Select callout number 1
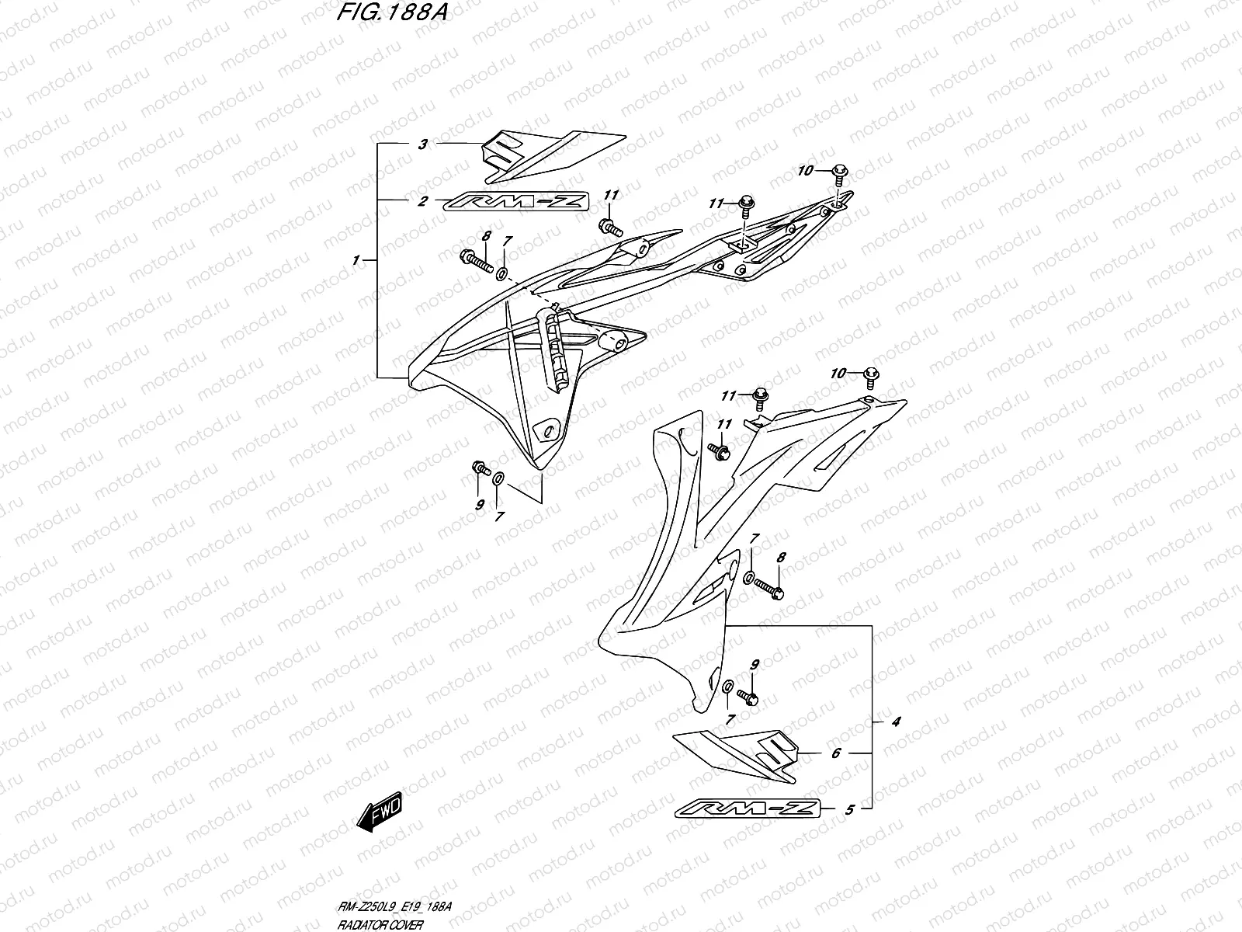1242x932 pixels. point(356,261)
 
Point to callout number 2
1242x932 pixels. point(422,202)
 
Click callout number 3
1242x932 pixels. point(422,144)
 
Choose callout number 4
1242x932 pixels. point(895,722)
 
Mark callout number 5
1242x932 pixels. point(849,810)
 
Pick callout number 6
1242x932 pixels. point(836,753)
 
